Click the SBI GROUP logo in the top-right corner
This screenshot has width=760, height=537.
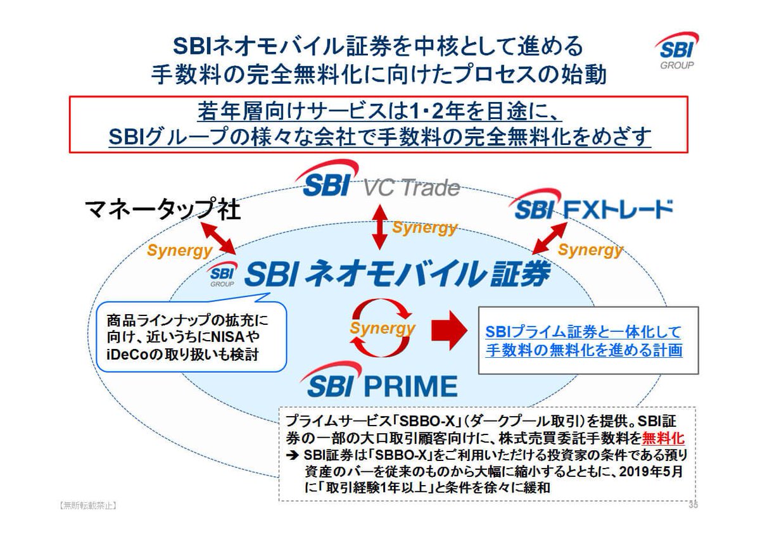[x=676, y=51]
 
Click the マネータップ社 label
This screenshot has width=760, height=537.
[x=163, y=210]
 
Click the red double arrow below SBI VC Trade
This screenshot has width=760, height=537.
[x=379, y=225]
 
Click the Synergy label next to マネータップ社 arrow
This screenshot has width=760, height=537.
[x=179, y=251]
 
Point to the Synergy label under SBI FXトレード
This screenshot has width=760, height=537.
[x=590, y=250]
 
